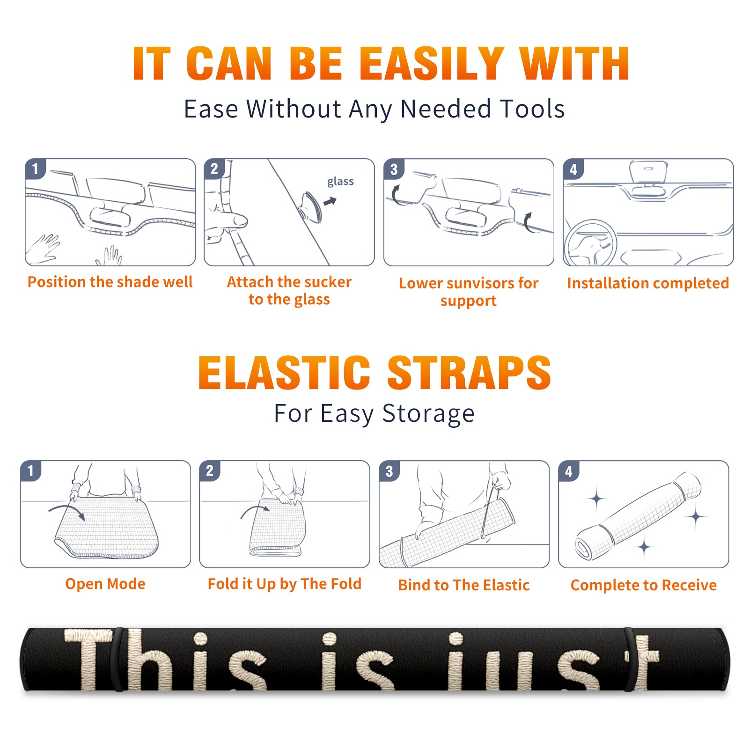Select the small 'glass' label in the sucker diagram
coord(340,181)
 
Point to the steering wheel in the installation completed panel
coord(590,243)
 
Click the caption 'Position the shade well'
coord(110,282)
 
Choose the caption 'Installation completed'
coord(648,283)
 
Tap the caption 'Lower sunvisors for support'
coord(469,292)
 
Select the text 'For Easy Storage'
coord(374,413)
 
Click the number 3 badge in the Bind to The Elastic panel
coord(389,471)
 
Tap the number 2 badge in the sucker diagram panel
coord(214,169)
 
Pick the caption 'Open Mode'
coord(105,584)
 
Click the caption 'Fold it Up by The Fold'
coord(285,584)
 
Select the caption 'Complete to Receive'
coord(644,585)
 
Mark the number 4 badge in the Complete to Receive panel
coord(569,471)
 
